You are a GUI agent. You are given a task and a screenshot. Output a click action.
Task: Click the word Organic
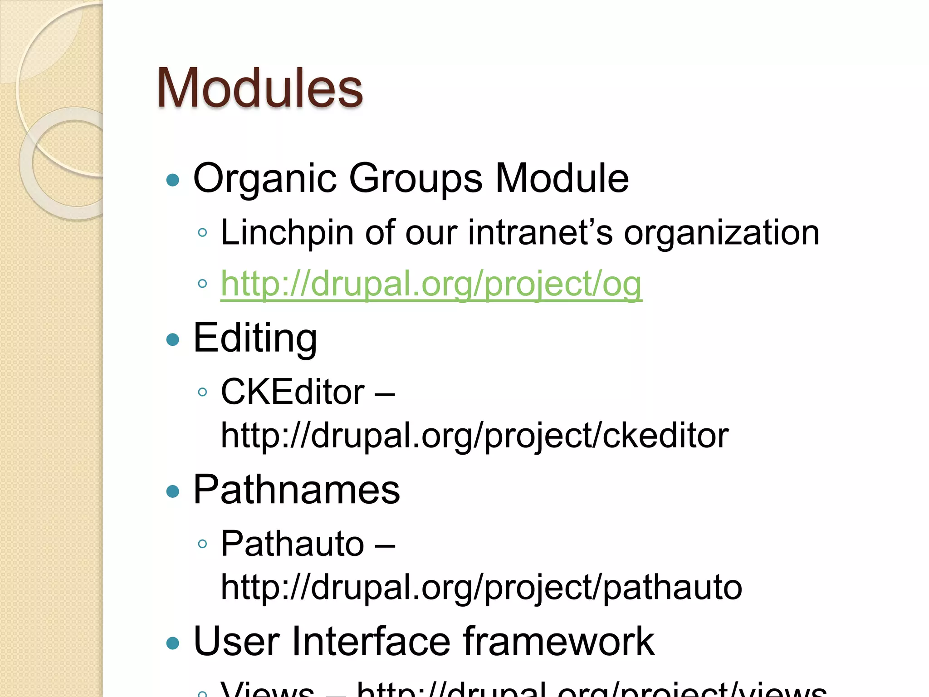click(x=264, y=178)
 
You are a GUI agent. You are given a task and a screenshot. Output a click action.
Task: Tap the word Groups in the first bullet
click(x=416, y=178)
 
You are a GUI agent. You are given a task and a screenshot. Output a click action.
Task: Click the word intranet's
click(x=540, y=232)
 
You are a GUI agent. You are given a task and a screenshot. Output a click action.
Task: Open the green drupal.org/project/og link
click(x=431, y=284)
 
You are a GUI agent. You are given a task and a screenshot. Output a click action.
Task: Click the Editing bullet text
click(x=255, y=338)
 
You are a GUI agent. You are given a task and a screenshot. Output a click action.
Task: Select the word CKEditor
click(x=293, y=392)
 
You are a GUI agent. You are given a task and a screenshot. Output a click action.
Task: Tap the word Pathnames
click(x=297, y=490)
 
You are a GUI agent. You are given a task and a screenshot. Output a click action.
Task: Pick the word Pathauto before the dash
click(x=293, y=543)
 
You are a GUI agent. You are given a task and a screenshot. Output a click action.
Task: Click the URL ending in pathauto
click(x=481, y=587)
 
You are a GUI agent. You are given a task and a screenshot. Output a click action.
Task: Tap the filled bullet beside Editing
click(x=173, y=339)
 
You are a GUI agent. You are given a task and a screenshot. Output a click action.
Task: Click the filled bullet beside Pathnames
click(x=173, y=491)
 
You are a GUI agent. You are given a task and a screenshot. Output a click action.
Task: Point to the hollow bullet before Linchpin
click(x=203, y=233)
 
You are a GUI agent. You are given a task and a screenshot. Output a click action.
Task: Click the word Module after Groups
click(x=562, y=178)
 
